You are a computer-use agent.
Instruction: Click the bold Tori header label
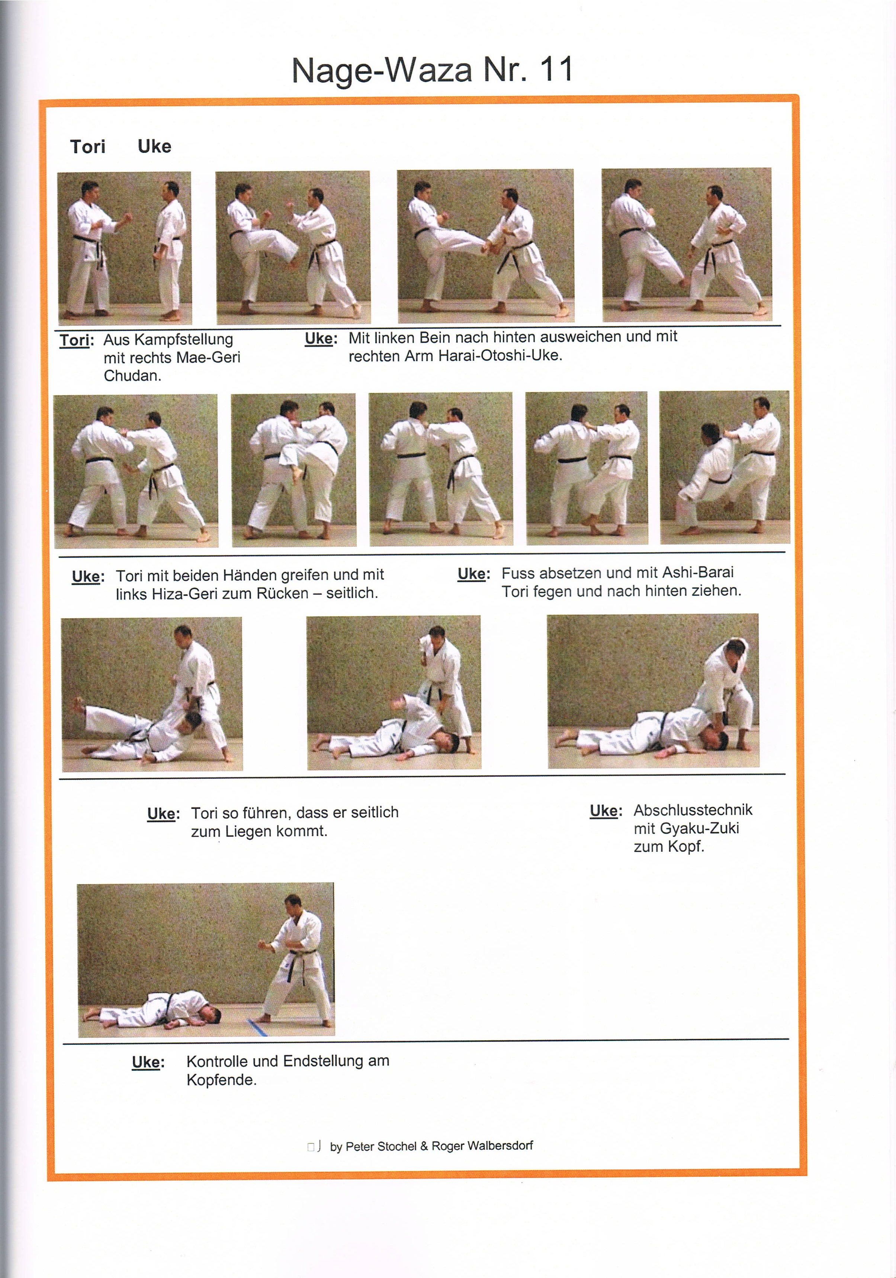[x=87, y=147]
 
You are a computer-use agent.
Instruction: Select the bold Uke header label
[x=154, y=147]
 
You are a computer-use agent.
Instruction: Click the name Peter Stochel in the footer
[x=380, y=1147]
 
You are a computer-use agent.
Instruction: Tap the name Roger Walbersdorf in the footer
[x=482, y=1146]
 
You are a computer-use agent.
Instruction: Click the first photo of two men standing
[x=125, y=248]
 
